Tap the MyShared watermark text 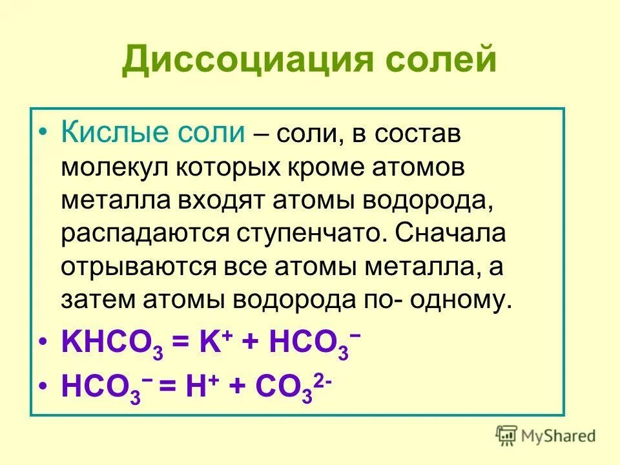point(559,437)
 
